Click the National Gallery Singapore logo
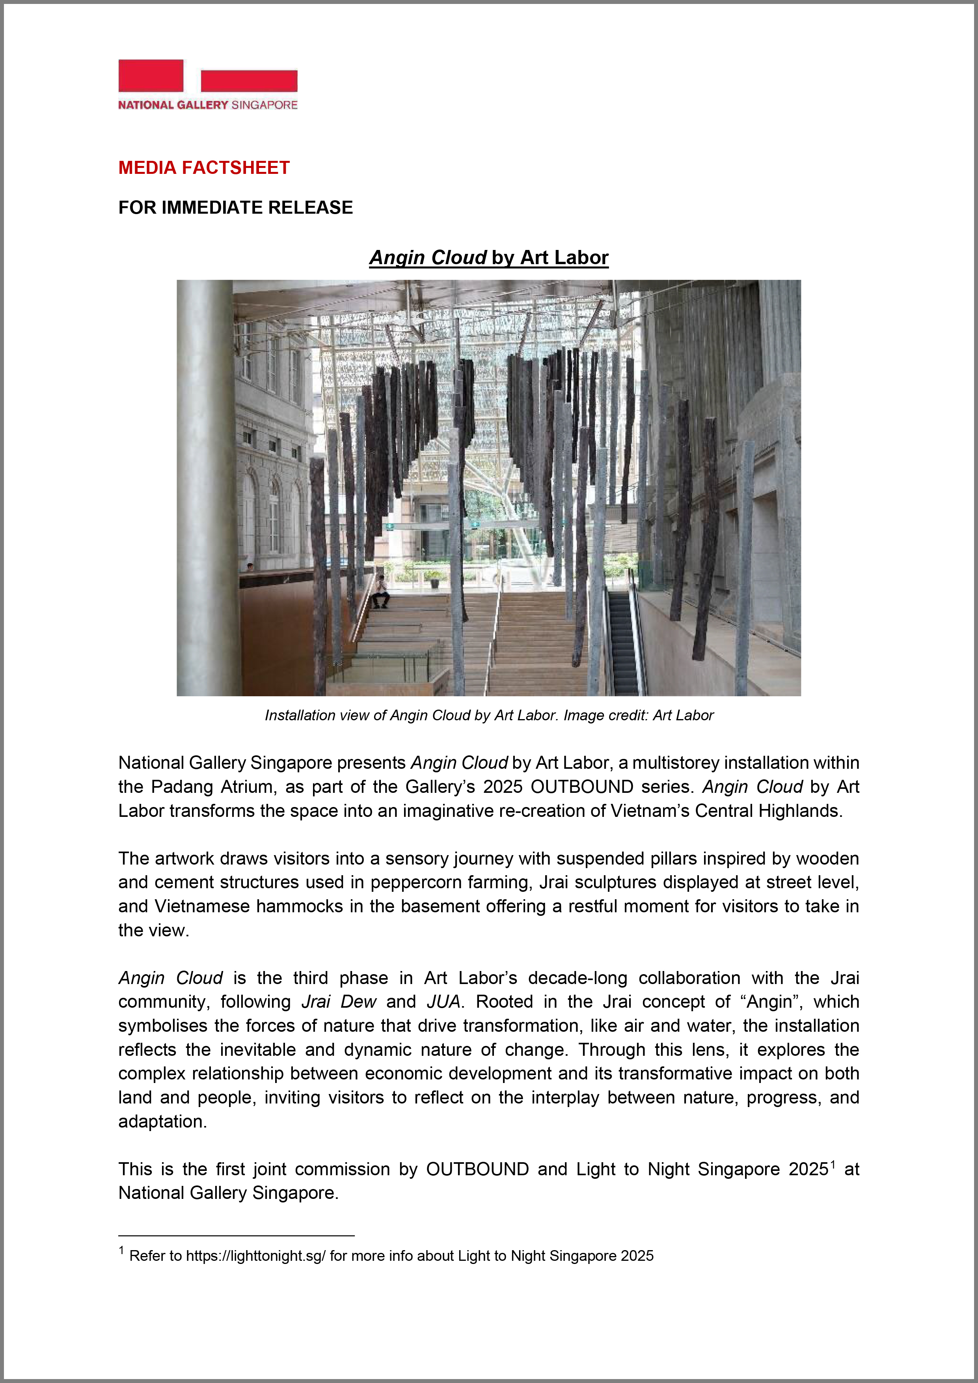click(208, 85)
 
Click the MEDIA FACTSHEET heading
click(203, 168)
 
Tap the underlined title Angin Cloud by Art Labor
click(488, 258)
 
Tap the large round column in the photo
click(205, 482)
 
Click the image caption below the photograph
click(488, 716)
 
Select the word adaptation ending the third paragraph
click(161, 1122)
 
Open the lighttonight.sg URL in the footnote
click(255, 1256)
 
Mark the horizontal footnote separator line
click(236, 1236)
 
